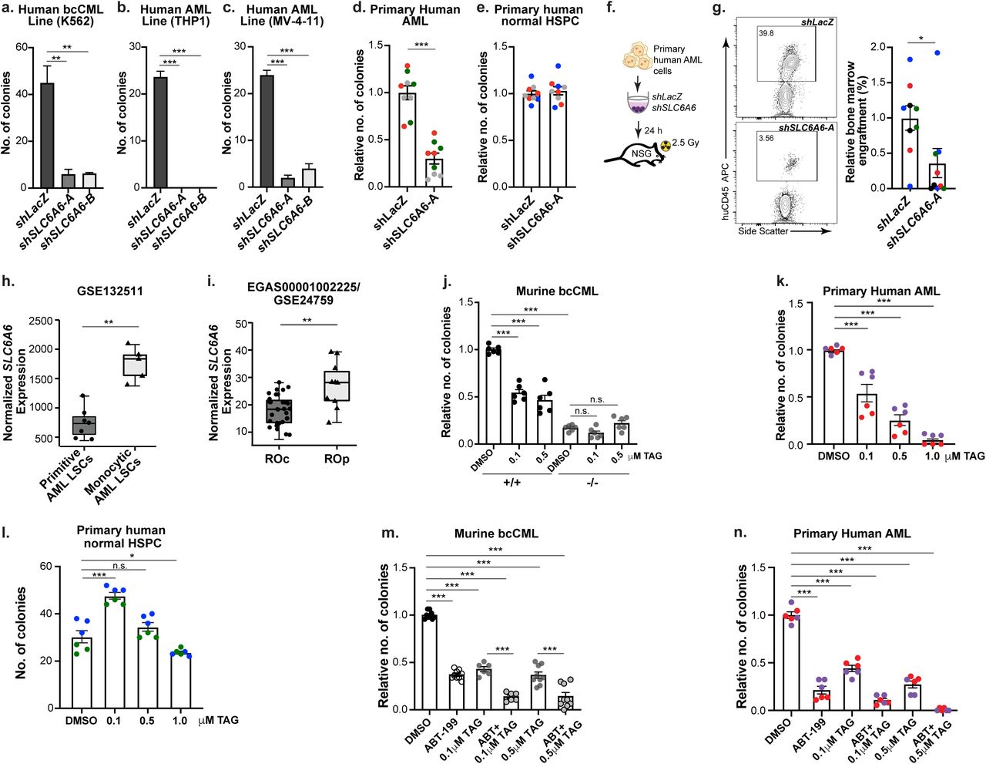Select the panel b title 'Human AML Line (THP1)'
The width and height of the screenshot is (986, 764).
point(175,15)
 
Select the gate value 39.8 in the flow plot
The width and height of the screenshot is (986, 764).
point(766,34)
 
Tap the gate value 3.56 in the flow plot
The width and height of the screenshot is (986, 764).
point(766,139)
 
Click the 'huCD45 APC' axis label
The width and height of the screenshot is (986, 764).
point(726,191)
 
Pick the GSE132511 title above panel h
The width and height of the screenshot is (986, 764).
point(109,291)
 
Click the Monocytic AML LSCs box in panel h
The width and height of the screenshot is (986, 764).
point(136,365)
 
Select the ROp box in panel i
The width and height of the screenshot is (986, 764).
point(336,385)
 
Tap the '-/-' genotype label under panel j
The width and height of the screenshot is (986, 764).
point(592,483)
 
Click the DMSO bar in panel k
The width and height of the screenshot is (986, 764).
point(833,398)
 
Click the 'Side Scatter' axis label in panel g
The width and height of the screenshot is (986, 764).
point(763,231)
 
